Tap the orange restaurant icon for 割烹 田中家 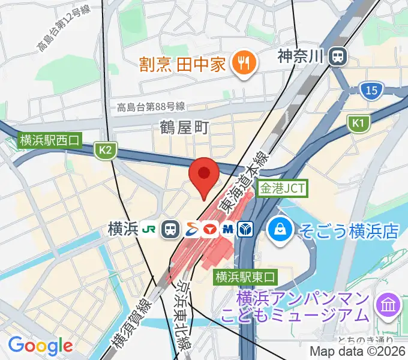click(x=244, y=63)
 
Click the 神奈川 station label click(x=301, y=57)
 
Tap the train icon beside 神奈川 click(x=339, y=57)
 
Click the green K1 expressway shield click(x=358, y=123)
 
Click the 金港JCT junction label click(x=282, y=188)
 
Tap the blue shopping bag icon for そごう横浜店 click(x=280, y=229)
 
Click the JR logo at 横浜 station click(x=149, y=229)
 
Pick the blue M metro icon click(x=228, y=229)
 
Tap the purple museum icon click(x=388, y=305)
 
